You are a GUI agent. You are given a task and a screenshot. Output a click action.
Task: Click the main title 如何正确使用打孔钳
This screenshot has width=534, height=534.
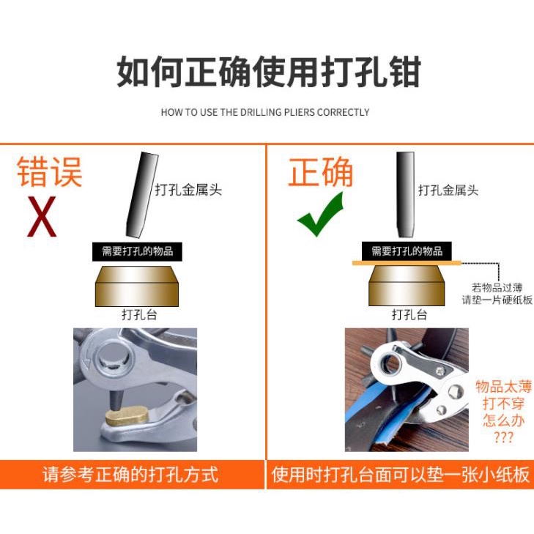pos(269,72)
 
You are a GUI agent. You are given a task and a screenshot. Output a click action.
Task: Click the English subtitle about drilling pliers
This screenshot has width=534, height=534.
pos(265,112)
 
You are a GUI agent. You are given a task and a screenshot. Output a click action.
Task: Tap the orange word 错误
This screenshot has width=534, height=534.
pos(50,171)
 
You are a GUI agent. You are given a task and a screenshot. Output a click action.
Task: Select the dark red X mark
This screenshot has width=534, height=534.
pos(42,217)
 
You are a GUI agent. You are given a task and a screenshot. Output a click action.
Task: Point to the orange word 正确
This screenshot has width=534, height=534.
pos(320,171)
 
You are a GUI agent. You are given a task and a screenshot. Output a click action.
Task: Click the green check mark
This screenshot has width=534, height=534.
pos(320,215)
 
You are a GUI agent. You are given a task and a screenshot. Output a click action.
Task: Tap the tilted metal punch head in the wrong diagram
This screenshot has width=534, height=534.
pos(141,194)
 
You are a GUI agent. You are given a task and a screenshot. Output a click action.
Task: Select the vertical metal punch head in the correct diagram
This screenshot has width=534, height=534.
pos(405,194)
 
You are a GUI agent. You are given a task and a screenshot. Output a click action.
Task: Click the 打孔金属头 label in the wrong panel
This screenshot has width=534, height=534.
pos(188,190)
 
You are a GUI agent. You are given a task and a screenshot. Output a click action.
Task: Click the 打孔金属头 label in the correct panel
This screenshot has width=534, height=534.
pos(448,190)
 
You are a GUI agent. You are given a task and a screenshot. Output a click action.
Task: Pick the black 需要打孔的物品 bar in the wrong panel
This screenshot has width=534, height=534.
pos(137,252)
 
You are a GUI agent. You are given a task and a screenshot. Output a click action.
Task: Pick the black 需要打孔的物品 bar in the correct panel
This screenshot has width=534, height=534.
pos(407,251)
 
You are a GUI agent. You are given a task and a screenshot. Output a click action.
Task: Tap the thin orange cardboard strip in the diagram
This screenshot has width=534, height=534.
pos(407,263)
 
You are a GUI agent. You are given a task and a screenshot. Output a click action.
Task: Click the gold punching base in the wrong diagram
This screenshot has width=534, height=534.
pos(137,286)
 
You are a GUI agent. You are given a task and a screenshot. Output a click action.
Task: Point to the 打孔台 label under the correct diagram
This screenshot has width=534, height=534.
pos(409,315)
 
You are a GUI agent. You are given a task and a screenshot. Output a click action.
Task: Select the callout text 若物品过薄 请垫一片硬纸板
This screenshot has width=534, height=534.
pos(497,294)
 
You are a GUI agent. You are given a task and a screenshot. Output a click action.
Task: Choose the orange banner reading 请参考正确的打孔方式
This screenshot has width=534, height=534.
pos(132,475)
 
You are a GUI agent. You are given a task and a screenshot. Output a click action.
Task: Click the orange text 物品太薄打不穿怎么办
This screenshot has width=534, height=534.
pos(503,412)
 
